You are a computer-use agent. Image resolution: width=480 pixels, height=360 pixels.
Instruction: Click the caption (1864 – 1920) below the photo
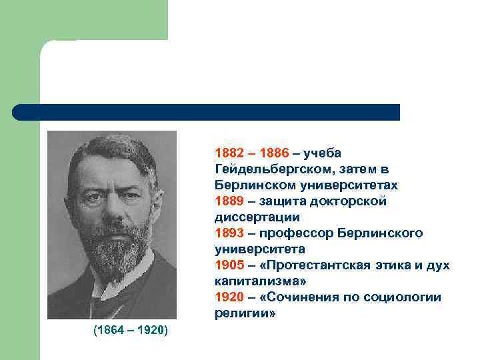131,331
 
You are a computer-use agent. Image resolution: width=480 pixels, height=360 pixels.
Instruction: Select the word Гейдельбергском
271,169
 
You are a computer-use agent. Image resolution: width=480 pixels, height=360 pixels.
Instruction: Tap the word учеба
322,153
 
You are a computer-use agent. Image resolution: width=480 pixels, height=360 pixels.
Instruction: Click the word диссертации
257,217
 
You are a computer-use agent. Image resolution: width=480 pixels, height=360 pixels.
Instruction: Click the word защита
282,201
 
